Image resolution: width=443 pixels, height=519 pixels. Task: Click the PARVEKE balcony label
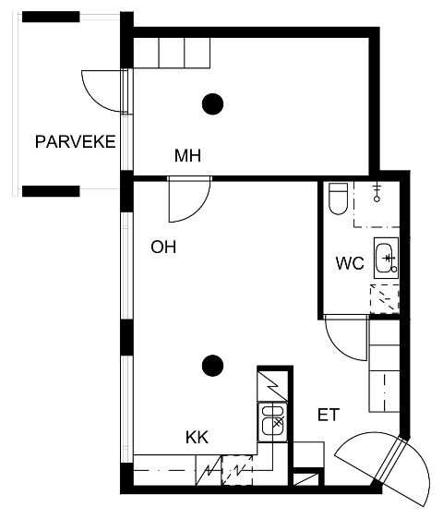[x=76, y=141]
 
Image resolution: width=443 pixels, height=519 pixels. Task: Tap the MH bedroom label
[x=187, y=155]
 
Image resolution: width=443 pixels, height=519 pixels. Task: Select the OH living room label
[x=163, y=247]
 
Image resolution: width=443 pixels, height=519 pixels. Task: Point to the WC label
[x=350, y=263]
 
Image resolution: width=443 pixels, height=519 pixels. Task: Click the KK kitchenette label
[x=197, y=437]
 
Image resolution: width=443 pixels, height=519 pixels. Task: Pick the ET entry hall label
[x=329, y=415]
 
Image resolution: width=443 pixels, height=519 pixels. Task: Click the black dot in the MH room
[x=213, y=104]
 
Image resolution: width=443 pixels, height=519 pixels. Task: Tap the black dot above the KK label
[x=213, y=366]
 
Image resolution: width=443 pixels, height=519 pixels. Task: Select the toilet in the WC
[x=339, y=199]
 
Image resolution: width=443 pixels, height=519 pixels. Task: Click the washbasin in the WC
[x=386, y=258]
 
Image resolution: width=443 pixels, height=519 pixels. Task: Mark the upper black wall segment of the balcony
[x=51, y=17]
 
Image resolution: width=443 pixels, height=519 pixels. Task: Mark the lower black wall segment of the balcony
[x=51, y=191]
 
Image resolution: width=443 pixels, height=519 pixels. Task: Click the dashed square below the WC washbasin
[x=385, y=299]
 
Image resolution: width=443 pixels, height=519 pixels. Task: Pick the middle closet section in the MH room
[x=172, y=53]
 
